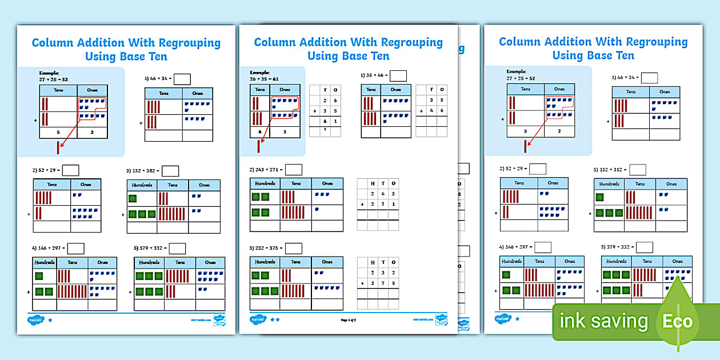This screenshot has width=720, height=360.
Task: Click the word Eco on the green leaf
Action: click(677, 321)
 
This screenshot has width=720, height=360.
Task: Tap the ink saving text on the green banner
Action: click(604, 321)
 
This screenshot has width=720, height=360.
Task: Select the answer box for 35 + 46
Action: click(398, 75)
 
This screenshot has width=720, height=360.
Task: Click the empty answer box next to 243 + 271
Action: click(294, 169)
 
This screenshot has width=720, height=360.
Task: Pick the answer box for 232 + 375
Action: click(294, 248)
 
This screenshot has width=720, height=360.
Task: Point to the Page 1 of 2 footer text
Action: click(349, 320)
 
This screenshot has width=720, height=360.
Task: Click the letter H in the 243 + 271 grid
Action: click(373, 183)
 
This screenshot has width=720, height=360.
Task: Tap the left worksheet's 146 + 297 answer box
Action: click(76, 248)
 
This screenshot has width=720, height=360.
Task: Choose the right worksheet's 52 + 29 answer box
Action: click(538, 169)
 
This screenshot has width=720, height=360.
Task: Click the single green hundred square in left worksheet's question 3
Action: click(133, 198)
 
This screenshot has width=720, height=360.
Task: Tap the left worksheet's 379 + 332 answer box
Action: click(177, 248)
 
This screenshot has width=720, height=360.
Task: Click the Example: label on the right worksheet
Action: click(516, 71)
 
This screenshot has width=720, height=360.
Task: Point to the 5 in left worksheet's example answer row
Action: click(58, 133)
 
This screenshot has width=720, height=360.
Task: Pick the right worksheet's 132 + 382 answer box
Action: click(638, 169)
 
